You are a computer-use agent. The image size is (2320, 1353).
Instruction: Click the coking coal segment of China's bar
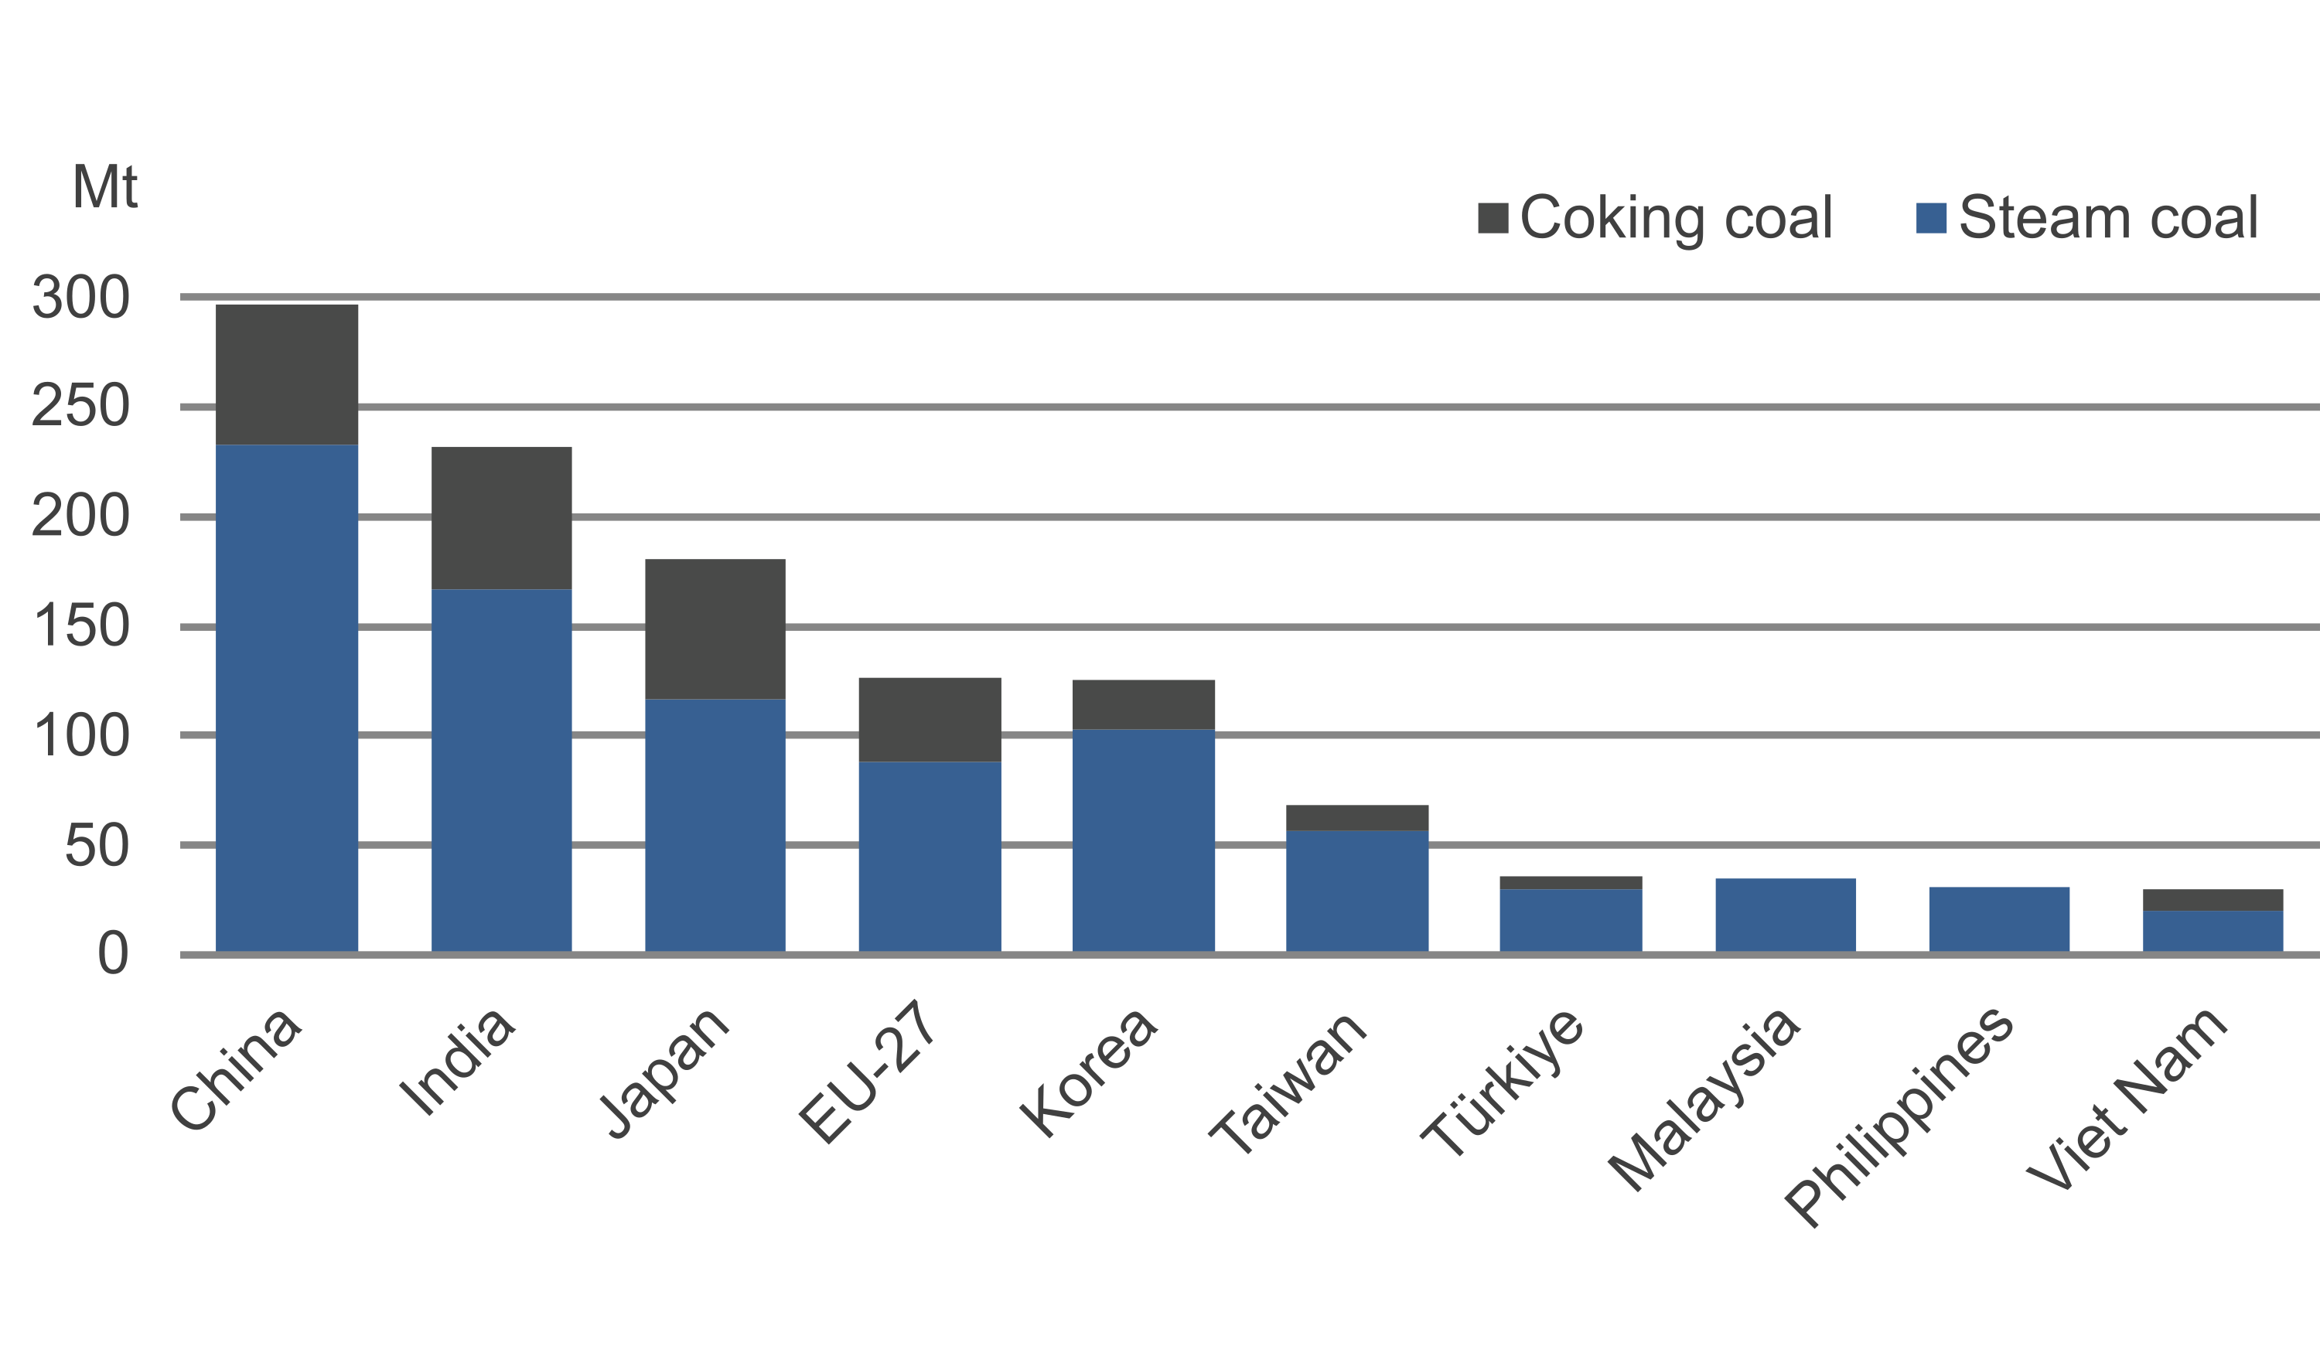tap(287, 375)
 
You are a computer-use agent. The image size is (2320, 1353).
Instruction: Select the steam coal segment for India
tap(502, 769)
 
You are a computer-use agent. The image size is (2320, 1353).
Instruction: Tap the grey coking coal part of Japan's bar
tap(715, 629)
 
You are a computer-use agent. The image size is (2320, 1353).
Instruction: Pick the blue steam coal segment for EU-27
tap(930, 856)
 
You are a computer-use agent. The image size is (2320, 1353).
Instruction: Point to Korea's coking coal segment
tap(1144, 705)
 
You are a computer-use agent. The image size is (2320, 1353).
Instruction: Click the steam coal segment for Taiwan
tap(1357, 891)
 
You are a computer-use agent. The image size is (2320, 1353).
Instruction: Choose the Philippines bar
tap(2000, 919)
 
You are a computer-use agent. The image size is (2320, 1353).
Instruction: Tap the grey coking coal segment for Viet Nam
tap(2213, 900)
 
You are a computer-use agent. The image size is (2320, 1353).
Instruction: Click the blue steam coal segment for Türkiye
tap(1571, 920)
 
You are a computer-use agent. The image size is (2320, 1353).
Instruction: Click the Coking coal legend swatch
tap(1493, 219)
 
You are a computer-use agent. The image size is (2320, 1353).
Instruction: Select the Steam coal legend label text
tap(2108, 219)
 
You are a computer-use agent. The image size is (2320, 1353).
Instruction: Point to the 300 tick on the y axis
tap(81, 298)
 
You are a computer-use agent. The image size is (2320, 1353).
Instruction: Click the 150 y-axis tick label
tap(81, 628)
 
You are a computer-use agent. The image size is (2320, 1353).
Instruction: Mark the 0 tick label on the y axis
tap(112, 955)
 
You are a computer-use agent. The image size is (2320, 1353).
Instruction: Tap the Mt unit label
tap(105, 188)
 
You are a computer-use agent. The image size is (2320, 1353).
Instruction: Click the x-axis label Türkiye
tap(1503, 1082)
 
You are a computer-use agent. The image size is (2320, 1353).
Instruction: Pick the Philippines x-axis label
tap(1899, 1116)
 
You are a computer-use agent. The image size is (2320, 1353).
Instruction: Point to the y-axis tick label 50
tap(97, 846)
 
